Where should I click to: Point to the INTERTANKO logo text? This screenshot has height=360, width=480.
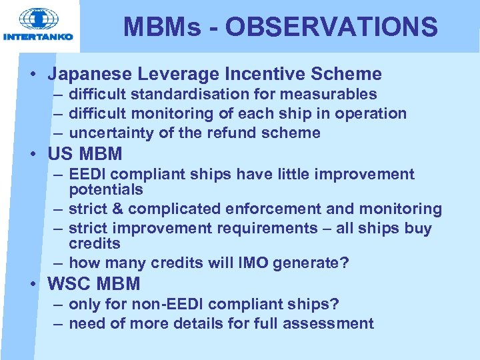38,37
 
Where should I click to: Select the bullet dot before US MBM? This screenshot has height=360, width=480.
33,155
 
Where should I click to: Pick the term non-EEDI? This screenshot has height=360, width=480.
173,305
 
